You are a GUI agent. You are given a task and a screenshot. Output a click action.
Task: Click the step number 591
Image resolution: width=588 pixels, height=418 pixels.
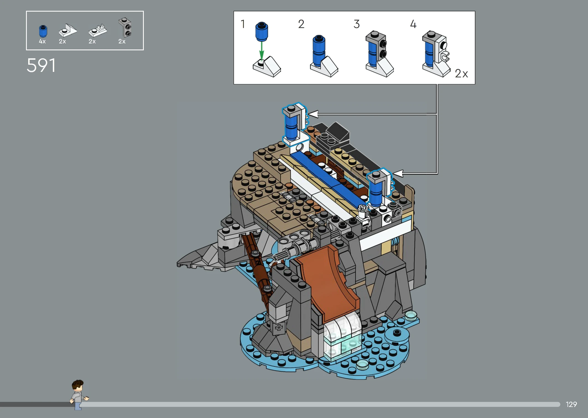point(41,66)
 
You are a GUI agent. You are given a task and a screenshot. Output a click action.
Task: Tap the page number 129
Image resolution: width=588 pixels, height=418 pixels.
point(571,404)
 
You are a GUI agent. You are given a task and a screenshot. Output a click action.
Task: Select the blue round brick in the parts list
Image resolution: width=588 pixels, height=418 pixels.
point(43,31)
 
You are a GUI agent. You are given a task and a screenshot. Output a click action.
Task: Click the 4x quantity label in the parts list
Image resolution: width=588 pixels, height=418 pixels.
point(42,41)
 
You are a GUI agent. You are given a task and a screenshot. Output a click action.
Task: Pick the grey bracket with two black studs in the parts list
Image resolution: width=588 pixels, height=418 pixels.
point(125,27)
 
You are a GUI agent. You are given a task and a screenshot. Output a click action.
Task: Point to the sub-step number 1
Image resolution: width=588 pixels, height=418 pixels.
point(243,24)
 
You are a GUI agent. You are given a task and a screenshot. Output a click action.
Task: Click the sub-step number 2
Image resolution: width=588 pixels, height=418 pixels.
point(301,24)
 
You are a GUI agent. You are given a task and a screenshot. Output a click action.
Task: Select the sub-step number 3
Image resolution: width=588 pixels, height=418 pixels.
point(357,24)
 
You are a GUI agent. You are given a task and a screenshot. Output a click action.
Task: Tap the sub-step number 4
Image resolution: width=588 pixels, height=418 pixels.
point(413,24)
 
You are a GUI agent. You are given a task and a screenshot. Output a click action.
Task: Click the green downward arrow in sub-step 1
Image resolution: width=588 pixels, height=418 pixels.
point(261,50)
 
